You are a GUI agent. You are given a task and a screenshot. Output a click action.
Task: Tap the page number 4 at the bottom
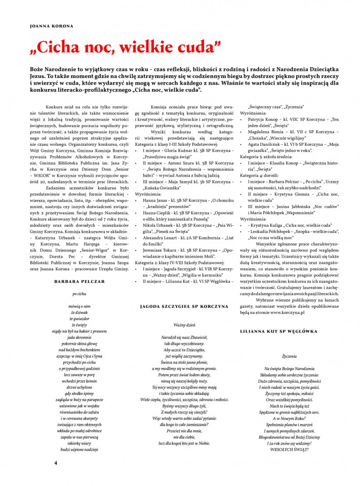56,463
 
